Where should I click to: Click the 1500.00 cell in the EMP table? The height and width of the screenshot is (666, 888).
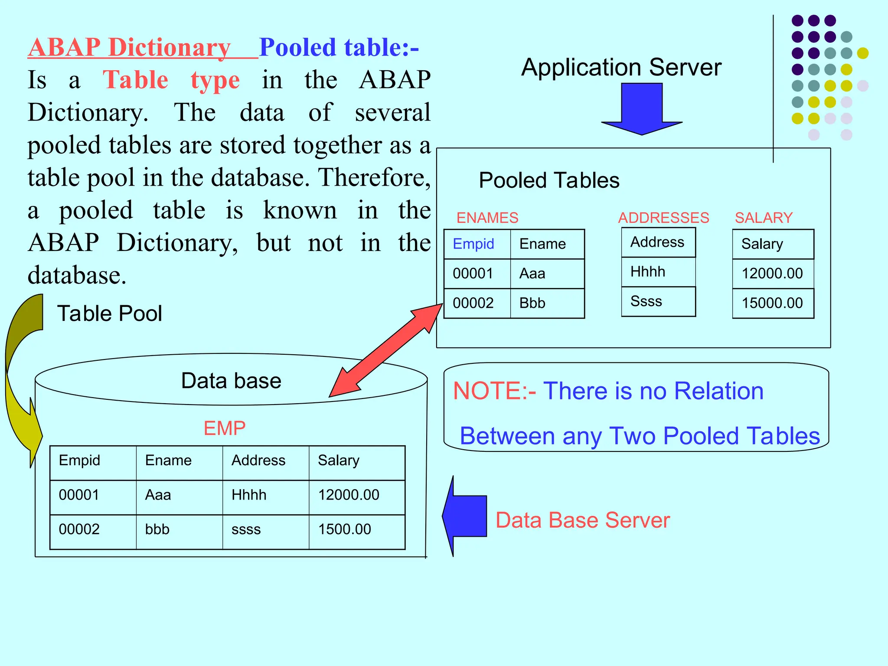[345, 529]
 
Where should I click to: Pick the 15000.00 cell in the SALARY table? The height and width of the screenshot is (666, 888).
[772, 303]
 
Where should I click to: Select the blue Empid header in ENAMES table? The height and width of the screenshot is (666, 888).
[473, 244]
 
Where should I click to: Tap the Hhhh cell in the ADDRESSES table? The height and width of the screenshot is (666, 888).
[648, 272]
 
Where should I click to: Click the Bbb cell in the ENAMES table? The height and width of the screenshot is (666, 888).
[532, 303]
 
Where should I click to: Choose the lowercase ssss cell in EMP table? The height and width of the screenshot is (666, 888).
[246, 529]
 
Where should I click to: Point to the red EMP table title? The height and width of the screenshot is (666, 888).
[225, 428]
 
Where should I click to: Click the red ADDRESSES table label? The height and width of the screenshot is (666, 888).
[663, 218]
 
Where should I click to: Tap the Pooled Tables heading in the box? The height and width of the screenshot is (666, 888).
[549, 180]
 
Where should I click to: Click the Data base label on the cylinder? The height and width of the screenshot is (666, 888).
[231, 381]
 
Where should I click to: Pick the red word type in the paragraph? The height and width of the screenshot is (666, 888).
[215, 81]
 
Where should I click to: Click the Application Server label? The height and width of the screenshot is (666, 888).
[621, 68]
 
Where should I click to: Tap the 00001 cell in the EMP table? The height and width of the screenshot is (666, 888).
[79, 495]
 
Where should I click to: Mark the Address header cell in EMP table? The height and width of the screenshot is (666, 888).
[258, 460]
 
